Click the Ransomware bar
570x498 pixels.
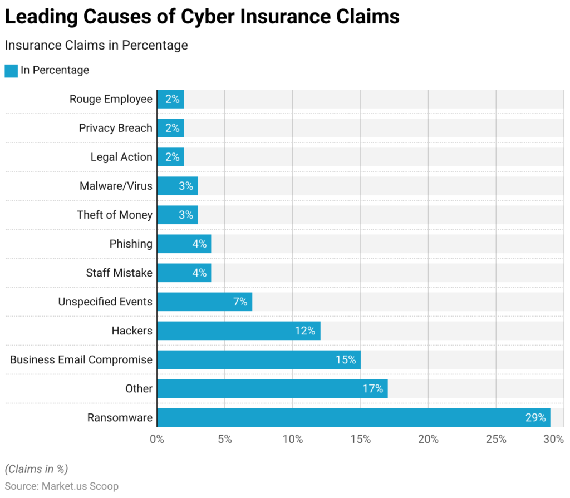pyautogui.click(x=353, y=417)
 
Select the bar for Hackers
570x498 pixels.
pyautogui.click(x=238, y=331)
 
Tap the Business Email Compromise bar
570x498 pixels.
pyautogui.click(x=259, y=359)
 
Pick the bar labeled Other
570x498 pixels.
pyautogui.click(x=272, y=388)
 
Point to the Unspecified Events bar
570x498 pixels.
pyautogui.click(x=204, y=302)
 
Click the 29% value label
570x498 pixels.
pyautogui.click(x=535, y=417)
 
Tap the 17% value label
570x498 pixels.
pyautogui.click(x=372, y=388)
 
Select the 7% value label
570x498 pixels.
pyautogui.click(x=240, y=302)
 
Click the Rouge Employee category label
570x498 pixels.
pyautogui.click(x=111, y=99)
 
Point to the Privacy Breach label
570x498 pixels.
pyautogui.click(x=115, y=128)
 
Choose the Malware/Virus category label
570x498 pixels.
pyautogui.click(x=116, y=186)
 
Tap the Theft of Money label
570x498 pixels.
pyautogui.click(x=115, y=215)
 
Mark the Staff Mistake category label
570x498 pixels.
pyautogui.click(x=119, y=273)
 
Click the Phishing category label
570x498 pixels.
pyautogui.click(x=131, y=244)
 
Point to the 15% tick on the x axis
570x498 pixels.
pyautogui.click(x=361, y=439)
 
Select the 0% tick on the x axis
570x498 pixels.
pyautogui.click(x=158, y=439)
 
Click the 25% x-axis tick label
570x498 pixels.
pyautogui.click(x=496, y=439)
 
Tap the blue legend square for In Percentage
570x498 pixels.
pyautogui.click(x=11, y=71)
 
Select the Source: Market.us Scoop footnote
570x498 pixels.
pyautogui.click(x=62, y=486)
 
